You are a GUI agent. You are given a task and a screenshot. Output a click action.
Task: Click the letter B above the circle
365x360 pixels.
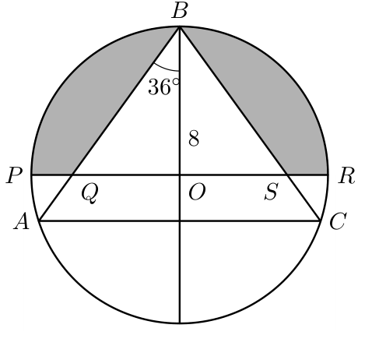(x=180, y=12)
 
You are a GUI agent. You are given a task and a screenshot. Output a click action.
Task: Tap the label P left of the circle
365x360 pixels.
(x=14, y=175)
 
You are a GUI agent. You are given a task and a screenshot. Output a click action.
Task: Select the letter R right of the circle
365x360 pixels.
(x=346, y=176)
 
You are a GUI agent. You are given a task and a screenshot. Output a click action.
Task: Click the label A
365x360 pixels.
(x=22, y=221)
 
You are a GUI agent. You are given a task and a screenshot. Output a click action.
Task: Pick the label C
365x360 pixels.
(x=338, y=221)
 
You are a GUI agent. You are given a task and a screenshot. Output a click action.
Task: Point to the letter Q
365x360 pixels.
(x=89, y=193)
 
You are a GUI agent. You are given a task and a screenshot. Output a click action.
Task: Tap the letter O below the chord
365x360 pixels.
(x=197, y=192)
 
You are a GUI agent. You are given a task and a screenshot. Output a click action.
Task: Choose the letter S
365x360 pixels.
(x=272, y=192)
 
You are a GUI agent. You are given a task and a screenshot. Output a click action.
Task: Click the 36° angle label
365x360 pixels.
(x=163, y=86)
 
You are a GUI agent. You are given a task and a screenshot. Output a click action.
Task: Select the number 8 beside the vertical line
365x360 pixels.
(x=194, y=138)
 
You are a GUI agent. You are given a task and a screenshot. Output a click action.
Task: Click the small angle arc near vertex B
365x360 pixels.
(x=166, y=68)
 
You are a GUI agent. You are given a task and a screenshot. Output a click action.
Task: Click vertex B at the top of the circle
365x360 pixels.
(x=180, y=26)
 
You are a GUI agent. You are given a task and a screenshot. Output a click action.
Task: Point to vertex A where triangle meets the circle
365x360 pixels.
(x=39, y=221)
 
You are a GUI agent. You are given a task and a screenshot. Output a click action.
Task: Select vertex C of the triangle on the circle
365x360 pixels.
(x=320, y=221)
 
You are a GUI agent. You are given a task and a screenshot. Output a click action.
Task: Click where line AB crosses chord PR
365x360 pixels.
(x=72, y=175)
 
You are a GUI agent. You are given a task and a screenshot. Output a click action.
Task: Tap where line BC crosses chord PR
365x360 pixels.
(x=287, y=175)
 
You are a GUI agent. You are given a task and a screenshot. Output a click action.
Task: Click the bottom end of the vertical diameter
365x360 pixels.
(x=180, y=323)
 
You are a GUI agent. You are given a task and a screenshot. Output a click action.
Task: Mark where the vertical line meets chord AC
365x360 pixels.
(x=180, y=221)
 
